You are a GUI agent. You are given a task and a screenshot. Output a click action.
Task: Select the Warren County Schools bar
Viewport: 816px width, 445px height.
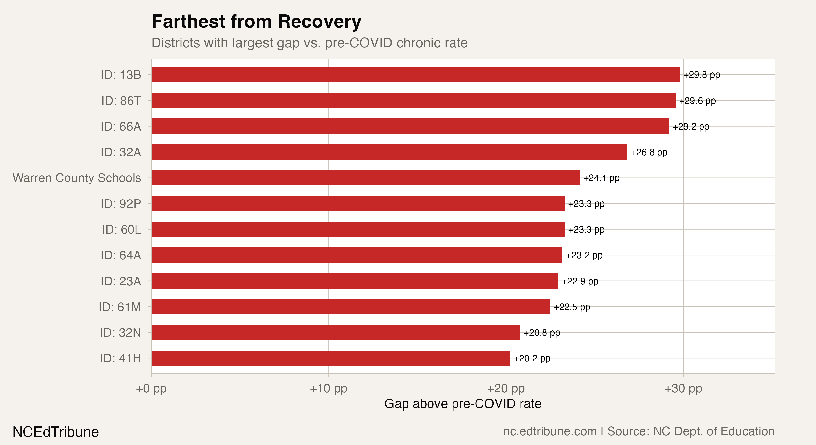365,178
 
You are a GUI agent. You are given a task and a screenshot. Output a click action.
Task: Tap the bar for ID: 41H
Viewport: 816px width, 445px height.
331,358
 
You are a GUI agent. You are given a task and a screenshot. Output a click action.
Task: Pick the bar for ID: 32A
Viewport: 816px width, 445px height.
389,152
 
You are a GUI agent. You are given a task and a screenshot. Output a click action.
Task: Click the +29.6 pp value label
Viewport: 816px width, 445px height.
697,101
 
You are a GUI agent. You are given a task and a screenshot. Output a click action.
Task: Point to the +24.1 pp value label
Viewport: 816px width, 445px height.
601,178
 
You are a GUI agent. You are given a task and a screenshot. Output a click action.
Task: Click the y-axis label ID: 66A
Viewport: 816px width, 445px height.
121,126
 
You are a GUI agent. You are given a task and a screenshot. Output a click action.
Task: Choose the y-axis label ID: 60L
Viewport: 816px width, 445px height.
121,229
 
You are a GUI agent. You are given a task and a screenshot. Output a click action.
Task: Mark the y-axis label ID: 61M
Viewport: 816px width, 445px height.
120,307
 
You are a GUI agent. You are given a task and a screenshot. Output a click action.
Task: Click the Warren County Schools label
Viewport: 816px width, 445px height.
77,178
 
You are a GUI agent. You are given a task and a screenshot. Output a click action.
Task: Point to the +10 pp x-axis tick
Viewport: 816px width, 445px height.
328,388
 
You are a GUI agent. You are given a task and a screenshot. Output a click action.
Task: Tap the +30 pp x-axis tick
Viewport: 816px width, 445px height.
683,388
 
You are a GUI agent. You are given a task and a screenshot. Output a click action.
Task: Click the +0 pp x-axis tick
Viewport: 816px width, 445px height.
151,388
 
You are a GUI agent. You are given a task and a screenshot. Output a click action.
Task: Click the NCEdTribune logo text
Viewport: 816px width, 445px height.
56,432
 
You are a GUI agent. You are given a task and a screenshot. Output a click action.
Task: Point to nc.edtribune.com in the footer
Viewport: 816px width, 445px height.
550,431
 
